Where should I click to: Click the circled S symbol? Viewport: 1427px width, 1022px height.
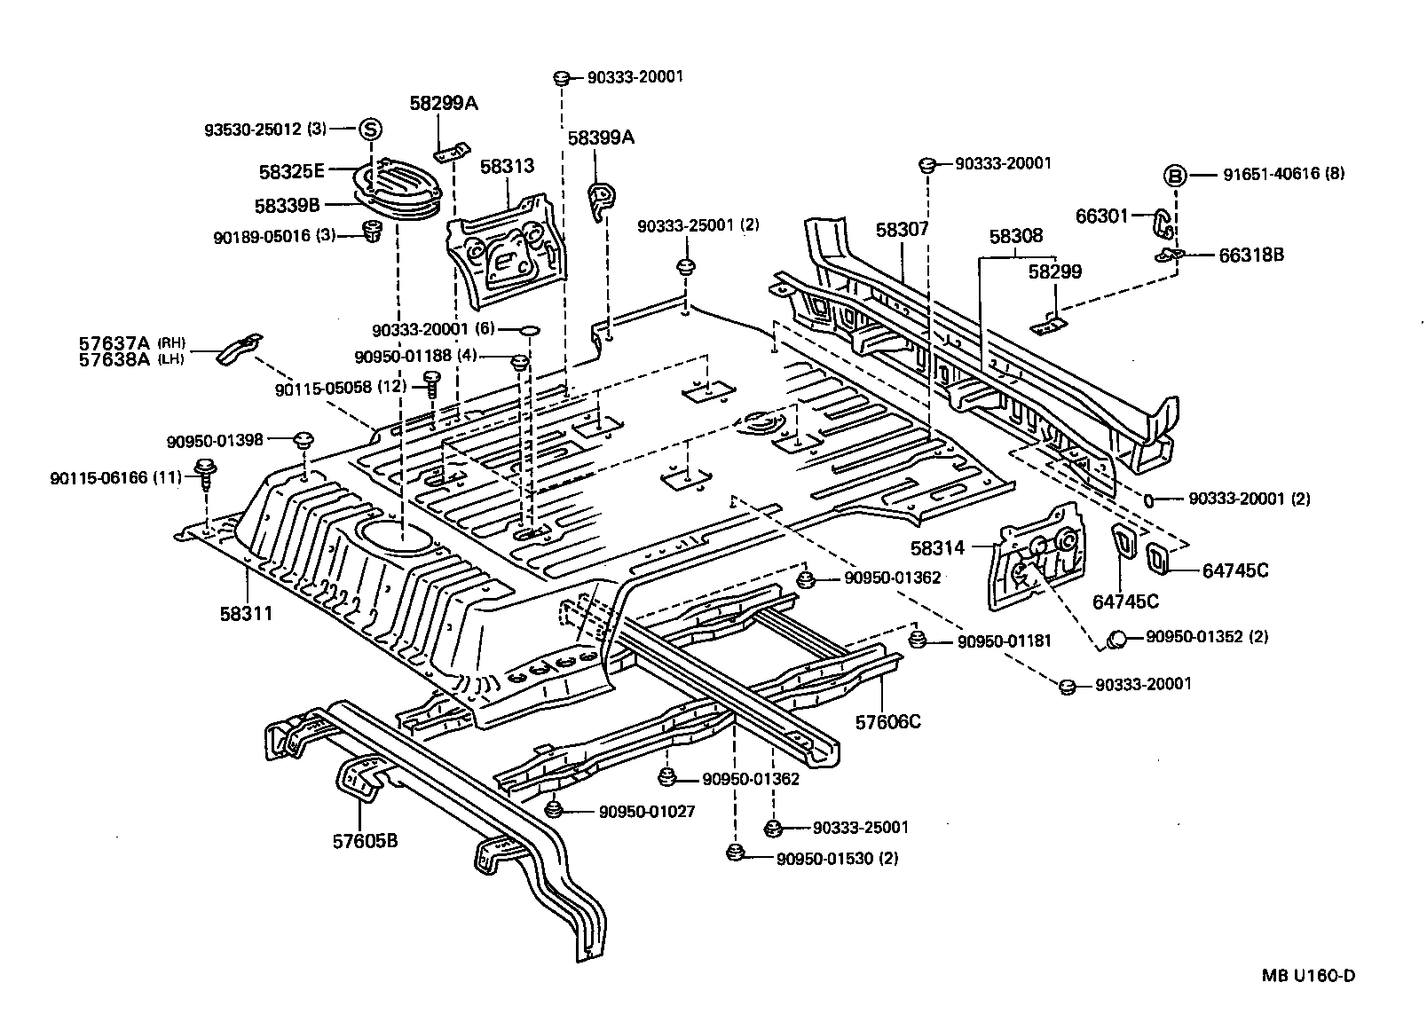pyautogui.click(x=370, y=130)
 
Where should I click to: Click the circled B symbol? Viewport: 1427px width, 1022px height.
pyautogui.click(x=1174, y=176)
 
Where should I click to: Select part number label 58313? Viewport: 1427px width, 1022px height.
pyautogui.click(x=507, y=166)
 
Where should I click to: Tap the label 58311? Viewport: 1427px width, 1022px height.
pyautogui.click(x=246, y=613)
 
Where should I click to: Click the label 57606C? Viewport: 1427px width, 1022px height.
pyautogui.click(x=887, y=721)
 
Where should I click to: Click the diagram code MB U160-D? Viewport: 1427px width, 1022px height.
pyautogui.click(x=1309, y=976)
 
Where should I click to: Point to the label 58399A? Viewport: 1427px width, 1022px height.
pyautogui.click(x=601, y=138)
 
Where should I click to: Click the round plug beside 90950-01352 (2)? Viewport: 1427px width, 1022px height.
pyautogui.click(x=1118, y=638)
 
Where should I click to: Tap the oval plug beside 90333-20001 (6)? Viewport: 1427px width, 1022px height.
pyautogui.click(x=529, y=330)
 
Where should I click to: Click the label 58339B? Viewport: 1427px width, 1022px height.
pyautogui.click(x=287, y=205)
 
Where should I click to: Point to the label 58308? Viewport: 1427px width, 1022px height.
pyautogui.click(x=1016, y=236)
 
